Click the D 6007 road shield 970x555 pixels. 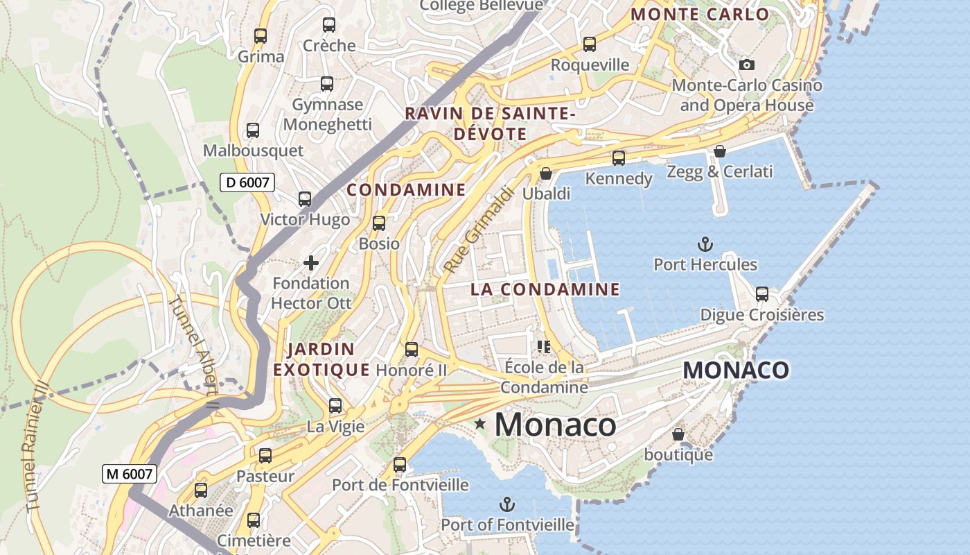(247, 182)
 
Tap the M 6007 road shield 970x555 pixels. (130, 474)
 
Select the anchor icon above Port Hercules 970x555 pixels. (705, 244)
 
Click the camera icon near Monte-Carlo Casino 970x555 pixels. (746, 65)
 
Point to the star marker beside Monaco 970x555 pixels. (479, 423)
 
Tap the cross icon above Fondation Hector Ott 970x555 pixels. (311, 263)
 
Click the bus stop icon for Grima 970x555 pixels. (261, 36)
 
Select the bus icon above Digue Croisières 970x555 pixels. (762, 294)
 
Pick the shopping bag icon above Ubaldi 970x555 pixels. (546, 173)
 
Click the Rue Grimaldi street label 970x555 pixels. (478, 230)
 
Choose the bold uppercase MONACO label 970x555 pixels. (736, 370)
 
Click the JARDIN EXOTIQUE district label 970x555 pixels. (321, 359)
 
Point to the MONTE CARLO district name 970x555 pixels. (700, 15)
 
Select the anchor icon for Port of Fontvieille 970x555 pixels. (508, 504)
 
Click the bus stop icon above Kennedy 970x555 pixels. (619, 158)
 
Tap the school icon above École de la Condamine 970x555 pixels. (544, 346)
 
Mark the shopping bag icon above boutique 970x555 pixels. (678, 434)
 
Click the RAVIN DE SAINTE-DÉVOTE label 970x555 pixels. (491, 123)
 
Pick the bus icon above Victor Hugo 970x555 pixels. (305, 199)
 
